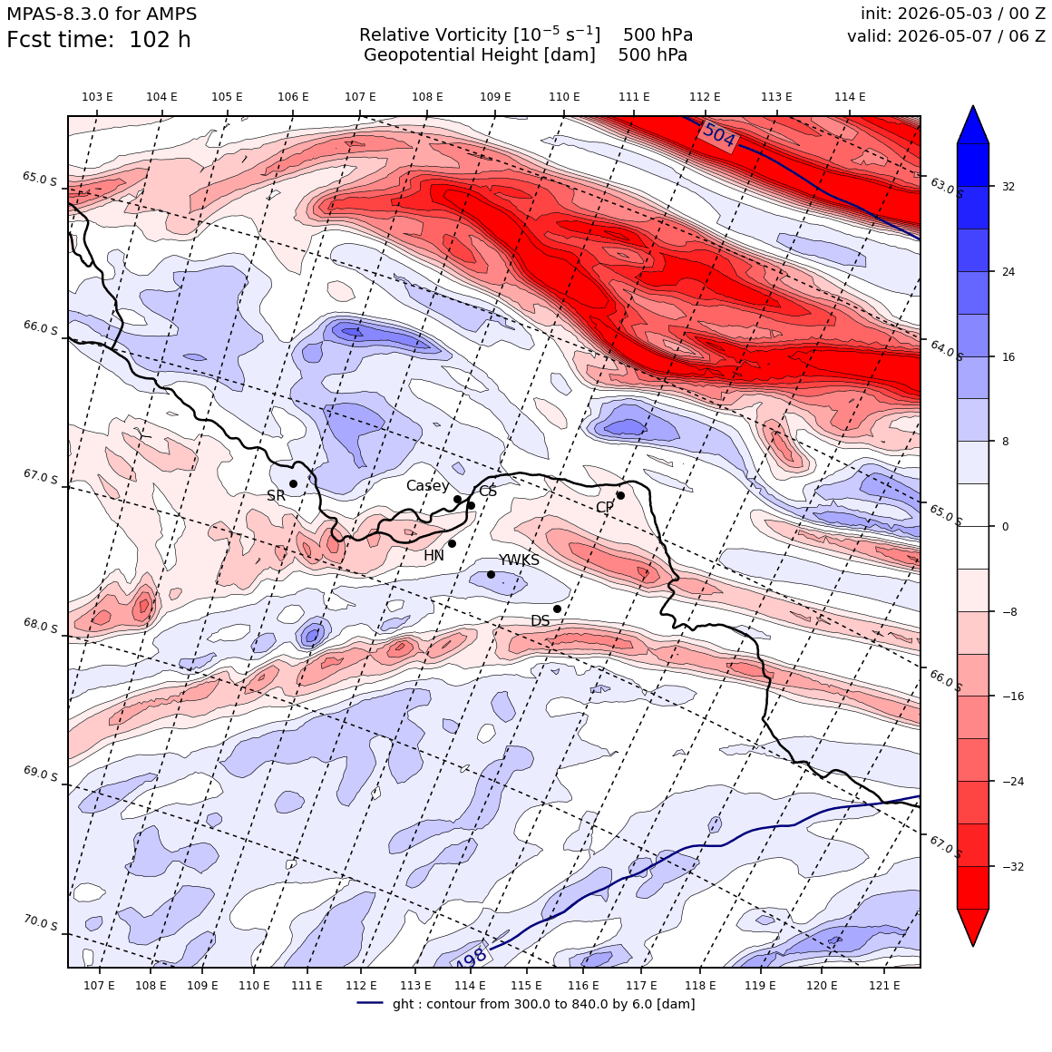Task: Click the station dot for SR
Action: coord(293,483)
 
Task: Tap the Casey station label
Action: coord(427,486)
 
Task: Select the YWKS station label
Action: coord(519,560)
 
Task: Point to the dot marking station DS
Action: coord(557,609)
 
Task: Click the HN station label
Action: coord(433,556)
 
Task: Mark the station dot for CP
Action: coord(620,496)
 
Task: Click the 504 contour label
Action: coord(718,135)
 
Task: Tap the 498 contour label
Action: coord(471,958)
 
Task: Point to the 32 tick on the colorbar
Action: coord(1008,187)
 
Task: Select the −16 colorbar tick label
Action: coord(1013,696)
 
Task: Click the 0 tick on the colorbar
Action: coord(1005,527)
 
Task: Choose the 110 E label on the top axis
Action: coord(564,97)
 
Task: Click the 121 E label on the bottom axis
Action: coord(884,985)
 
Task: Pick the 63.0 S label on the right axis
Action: coord(946,187)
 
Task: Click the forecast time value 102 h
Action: coord(160,40)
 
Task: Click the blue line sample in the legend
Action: coord(370,1003)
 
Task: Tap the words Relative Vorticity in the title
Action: coord(433,34)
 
